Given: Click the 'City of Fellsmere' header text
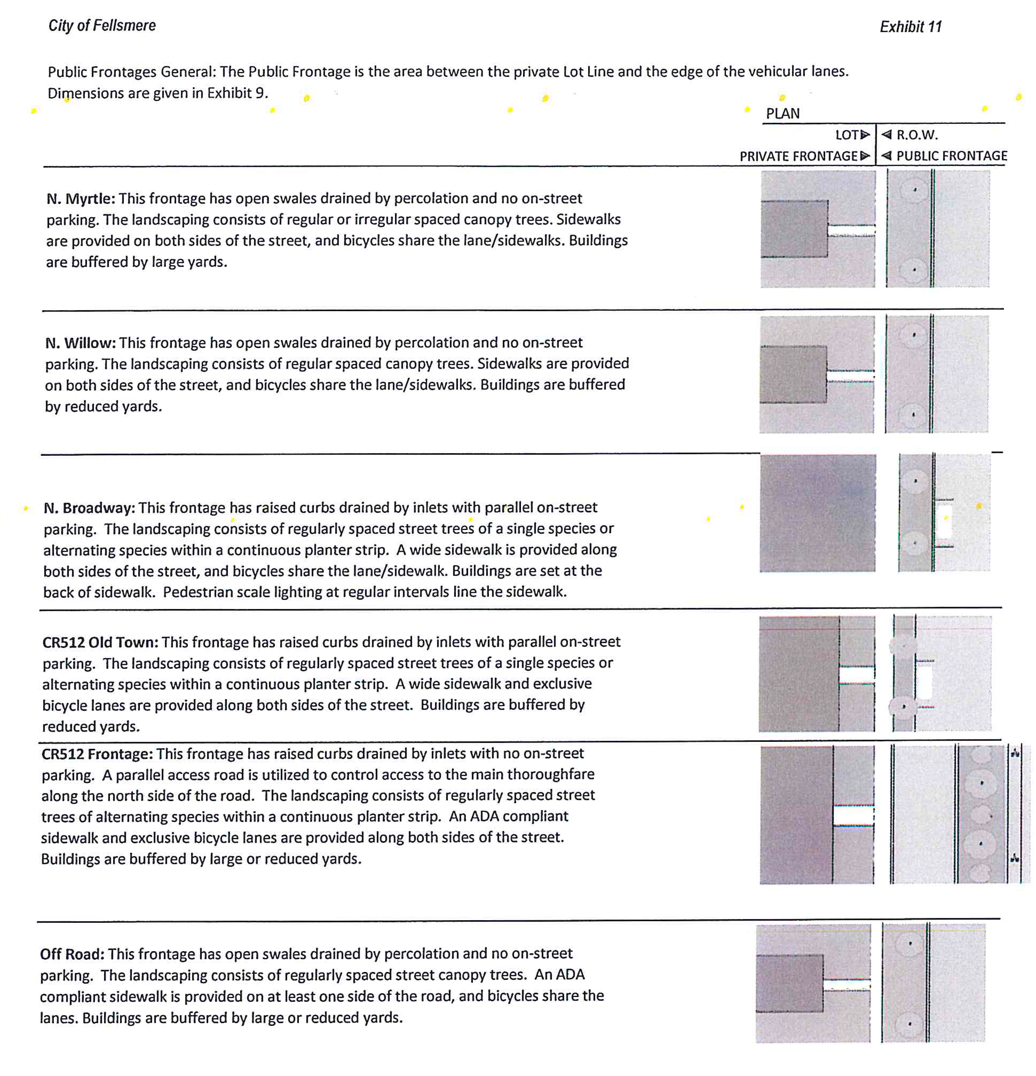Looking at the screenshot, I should click(102, 26).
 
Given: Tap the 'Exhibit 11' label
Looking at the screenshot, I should click(910, 27).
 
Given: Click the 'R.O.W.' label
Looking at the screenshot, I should click(916, 135).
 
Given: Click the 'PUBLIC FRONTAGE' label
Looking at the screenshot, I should click(951, 156).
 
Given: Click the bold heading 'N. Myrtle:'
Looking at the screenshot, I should click(81, 199).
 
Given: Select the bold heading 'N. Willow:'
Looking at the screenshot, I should click(80, 343).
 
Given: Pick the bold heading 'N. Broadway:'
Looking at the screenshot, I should click(89, 508).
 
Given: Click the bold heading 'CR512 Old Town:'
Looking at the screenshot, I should click(100, 642).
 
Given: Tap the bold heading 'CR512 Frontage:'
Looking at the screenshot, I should click(97, 754).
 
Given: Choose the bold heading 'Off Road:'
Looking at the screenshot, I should click(72, 954).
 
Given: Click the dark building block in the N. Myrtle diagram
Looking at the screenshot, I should click(793, 228).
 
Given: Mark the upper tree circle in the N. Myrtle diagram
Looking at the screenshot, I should click(914, 191).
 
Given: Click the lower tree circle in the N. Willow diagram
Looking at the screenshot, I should click(913, 415).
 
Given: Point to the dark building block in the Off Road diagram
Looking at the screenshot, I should click(789, 983).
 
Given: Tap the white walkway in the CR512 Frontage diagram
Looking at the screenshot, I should click(852, 815).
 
